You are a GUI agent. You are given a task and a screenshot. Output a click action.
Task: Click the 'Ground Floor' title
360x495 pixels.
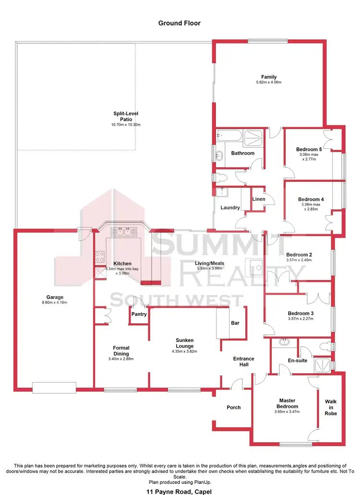coord(180,23)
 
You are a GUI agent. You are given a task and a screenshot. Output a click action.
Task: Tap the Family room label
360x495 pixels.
coord(268,77)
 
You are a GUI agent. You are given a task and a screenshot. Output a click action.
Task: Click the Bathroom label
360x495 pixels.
coord(242,153)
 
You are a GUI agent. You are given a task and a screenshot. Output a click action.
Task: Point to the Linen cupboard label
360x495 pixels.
coord(258,199)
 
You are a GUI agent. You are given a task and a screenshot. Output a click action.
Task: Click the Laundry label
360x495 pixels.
coord(230,208)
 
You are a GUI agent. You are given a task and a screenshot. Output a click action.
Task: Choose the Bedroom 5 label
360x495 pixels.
coord(309,149)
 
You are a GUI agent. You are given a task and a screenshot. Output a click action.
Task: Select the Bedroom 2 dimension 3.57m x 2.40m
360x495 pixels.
coord(299,260)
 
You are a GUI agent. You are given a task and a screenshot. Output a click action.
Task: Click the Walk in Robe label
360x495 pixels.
coord(331,407)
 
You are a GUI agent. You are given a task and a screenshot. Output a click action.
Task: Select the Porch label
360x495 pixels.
coord(233,407)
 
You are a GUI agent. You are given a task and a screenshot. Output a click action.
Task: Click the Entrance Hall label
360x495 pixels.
coord(243,362)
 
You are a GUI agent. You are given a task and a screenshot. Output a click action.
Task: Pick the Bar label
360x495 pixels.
coord(235,323)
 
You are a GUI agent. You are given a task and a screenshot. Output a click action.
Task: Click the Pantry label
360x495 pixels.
coord(138,315)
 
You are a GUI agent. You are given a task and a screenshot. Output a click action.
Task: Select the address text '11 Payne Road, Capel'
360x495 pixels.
coord(180,491)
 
